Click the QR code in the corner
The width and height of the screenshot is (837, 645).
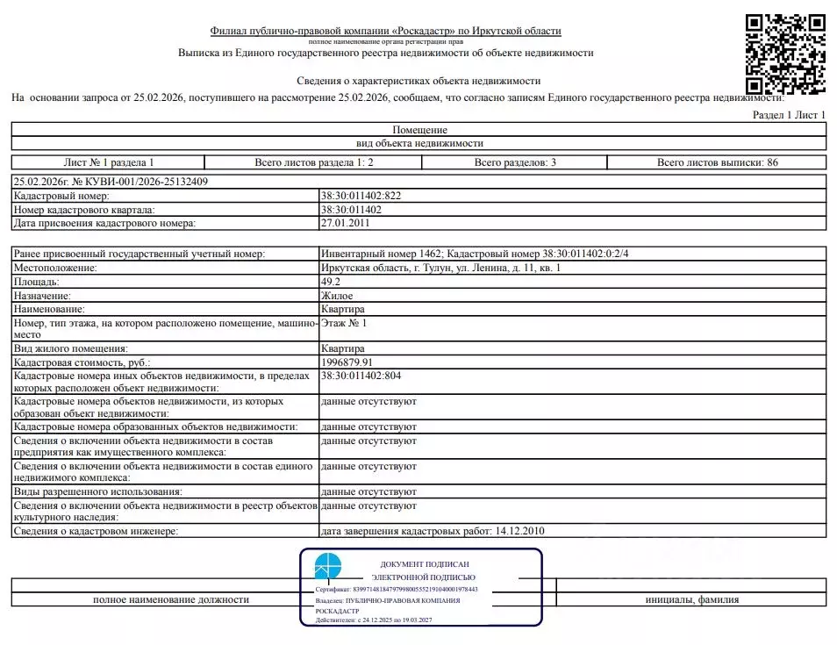(785, 54)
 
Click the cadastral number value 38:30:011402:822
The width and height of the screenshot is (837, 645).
(361, 196)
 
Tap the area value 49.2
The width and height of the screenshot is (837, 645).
(333, 282)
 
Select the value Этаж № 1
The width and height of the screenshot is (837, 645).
(345, 324)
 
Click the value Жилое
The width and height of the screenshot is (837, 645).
(339, 296)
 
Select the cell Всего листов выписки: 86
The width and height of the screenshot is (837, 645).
(717, 162)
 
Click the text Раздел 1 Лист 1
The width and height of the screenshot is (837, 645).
(790, 115)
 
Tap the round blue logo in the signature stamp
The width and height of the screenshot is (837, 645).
(328, 566)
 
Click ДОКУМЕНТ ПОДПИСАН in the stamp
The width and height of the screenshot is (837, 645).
(425, 563)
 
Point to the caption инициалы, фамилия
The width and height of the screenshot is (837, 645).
(691, 599)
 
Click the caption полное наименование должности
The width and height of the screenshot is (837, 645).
(171, 599)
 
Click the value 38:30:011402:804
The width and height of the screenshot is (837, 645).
(361, 376)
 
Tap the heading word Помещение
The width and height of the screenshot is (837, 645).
(419, 130)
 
